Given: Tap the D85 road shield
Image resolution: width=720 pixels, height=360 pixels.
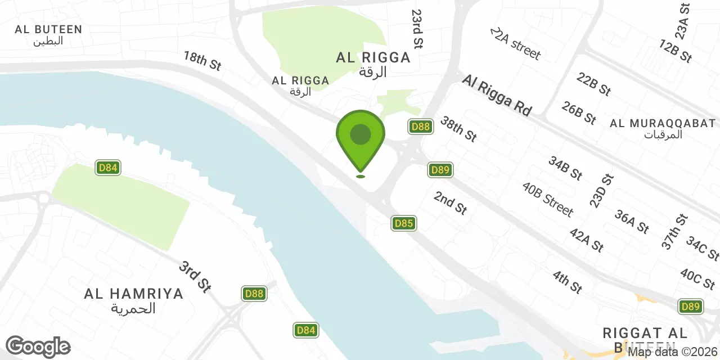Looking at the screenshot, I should pos(404,223).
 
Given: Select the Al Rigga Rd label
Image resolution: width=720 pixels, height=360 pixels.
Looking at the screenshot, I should pos(497,96).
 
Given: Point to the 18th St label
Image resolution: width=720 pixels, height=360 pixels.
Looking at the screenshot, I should pos(202,61).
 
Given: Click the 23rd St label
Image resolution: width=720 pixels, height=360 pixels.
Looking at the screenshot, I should pos(417,28).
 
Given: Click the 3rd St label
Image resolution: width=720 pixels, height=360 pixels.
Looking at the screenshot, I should pos(195,276).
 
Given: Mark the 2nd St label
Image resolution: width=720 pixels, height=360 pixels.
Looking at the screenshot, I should pos(451,202).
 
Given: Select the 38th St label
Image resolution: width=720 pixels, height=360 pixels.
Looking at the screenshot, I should pos(458,129).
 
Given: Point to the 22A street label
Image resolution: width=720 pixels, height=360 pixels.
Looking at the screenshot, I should pos(515,43).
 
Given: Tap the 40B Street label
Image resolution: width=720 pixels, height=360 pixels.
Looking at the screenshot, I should pos(547,199).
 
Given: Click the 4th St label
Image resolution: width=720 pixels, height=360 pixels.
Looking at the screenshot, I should pos(567,282).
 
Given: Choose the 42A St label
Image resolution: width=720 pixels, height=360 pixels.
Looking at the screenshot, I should pos(587,240).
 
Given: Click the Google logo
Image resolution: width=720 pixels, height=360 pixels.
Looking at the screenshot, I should pos(38,346).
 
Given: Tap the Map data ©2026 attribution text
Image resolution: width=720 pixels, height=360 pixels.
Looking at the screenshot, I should pos(673,352).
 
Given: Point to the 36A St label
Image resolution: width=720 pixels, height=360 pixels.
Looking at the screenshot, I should pos(632,221).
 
